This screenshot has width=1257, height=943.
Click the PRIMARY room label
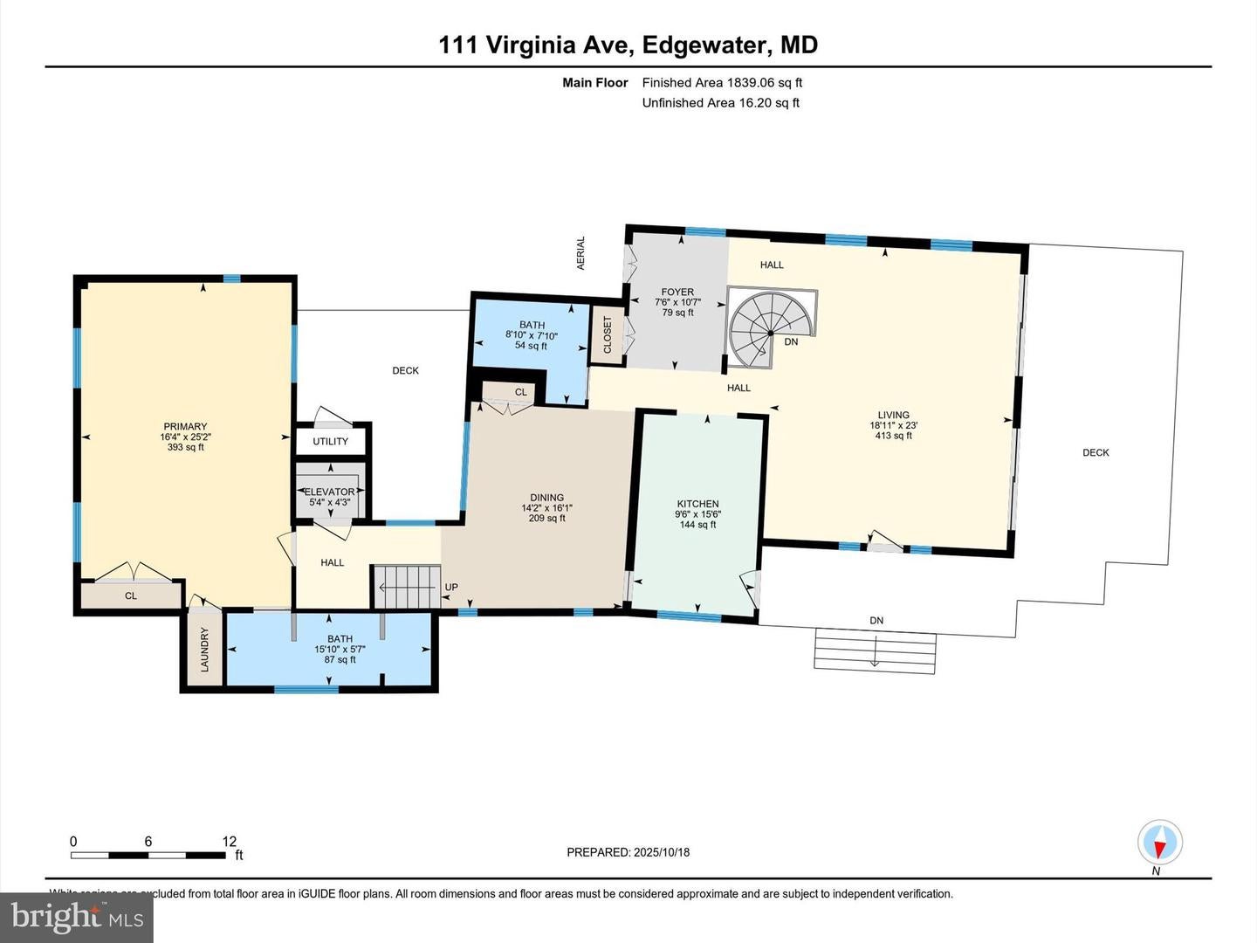[x=185, y=427]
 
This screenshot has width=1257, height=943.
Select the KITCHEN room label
[x=697, y=504]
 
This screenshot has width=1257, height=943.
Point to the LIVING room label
[x=893, y=416]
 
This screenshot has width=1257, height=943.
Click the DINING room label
[x=546, y=498]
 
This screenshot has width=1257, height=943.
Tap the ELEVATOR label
[x=330, y=492]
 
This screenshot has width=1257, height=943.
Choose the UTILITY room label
[x=330, y=441]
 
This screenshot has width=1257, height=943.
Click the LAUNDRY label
[x=205, y=649]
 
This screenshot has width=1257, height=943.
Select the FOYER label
[x=677, y=293]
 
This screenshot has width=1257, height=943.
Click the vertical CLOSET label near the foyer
[x=608, y=334]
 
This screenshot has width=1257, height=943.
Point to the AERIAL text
[x=581, y=253]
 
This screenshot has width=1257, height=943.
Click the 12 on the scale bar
[x=229, y=842]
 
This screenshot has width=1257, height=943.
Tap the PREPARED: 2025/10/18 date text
[x=628, y=852]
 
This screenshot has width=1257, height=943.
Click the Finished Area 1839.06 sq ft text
[x=722, y=83]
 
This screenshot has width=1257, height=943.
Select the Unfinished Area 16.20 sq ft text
[x=720, y=103]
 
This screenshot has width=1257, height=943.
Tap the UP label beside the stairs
[x=451, y=587]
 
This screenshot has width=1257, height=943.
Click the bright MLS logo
[x=77, y=917]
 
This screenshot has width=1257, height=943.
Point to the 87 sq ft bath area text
[x=340, y=659]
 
